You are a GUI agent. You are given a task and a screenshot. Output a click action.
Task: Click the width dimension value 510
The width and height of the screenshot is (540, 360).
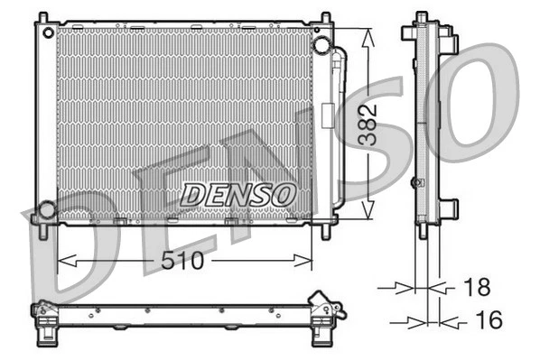coord(183,262)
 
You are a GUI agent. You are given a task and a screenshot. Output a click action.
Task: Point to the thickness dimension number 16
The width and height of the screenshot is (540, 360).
coord(489,320)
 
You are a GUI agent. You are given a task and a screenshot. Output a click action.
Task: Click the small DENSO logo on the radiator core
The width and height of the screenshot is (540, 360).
coord(238,193)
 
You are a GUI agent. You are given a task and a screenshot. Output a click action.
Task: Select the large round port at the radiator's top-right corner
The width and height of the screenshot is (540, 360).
coord(321,45)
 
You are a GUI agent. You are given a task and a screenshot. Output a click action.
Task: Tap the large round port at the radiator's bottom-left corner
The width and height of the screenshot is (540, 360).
coord(45,211)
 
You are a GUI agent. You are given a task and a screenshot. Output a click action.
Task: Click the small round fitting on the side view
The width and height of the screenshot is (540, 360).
coord(416,183)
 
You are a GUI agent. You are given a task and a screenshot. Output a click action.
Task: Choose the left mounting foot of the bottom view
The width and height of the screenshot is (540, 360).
coord(43,337)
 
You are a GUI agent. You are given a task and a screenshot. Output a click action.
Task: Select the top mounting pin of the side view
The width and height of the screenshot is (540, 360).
coord(422,18)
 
